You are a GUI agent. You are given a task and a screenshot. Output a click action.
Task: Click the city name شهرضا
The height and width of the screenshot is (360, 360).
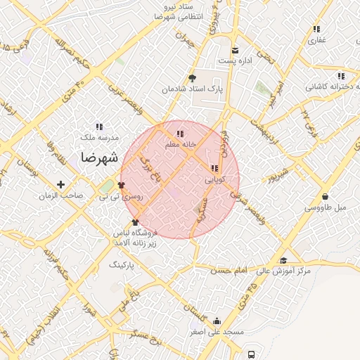point(94,156)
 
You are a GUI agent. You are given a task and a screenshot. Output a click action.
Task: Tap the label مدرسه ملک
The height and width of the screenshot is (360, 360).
point(98,138)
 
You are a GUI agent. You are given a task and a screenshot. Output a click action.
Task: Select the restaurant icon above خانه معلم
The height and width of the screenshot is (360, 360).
point(180,134)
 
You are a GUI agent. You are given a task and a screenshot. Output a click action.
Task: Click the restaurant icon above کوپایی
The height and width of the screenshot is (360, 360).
point(214,168)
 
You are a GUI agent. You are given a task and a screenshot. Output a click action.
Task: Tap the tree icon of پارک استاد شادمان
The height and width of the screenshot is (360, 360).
point(192,78)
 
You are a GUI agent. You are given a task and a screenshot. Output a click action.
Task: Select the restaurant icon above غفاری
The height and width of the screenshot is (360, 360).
point(316,30)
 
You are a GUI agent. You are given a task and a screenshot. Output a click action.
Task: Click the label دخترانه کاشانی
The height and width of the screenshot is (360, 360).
point(333,87)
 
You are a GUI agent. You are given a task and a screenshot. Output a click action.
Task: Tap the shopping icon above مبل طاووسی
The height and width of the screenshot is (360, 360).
point(326,196)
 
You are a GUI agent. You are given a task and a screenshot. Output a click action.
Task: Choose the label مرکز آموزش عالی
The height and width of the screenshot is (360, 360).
point(283,271)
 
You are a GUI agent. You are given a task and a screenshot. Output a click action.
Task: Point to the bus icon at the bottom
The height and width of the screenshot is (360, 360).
point(252,354)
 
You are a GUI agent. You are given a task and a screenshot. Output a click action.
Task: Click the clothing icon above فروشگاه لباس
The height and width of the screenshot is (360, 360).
point(135,223)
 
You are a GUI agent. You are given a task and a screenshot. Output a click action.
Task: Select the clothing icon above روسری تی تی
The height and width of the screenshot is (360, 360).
point(122,185)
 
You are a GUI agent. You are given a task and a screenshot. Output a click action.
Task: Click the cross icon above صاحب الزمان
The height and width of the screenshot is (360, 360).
point(61,185)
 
